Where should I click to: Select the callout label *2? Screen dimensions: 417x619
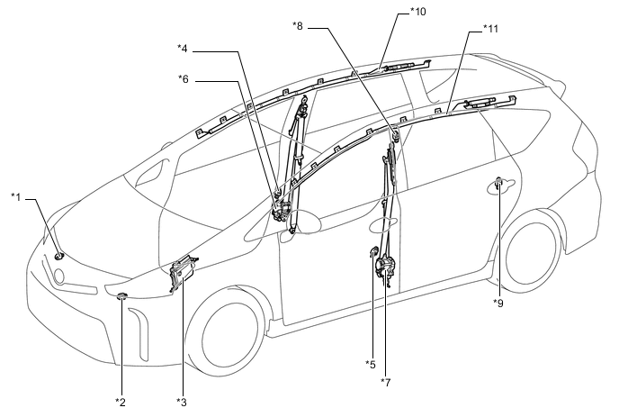[x=120, y=400]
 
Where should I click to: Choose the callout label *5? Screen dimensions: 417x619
[x=370, y=364]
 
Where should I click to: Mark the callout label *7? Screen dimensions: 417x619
[x=385, y=382]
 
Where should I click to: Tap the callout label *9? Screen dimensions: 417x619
[x=498, y=303]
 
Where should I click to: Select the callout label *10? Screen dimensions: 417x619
[x=418, y=11]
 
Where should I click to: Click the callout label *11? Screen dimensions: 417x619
[x=490, y=29]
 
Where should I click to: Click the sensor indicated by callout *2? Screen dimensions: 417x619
[x=121, y=296]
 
